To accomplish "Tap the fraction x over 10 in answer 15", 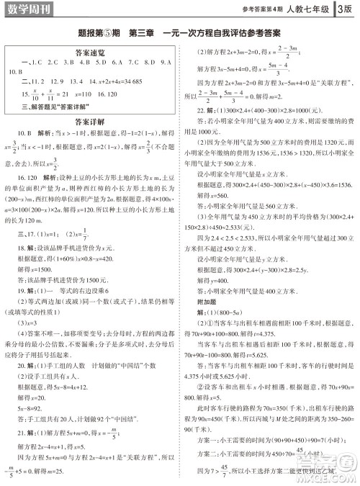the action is [x=31, y=95].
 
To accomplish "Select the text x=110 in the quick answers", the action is [x=85, y=95].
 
